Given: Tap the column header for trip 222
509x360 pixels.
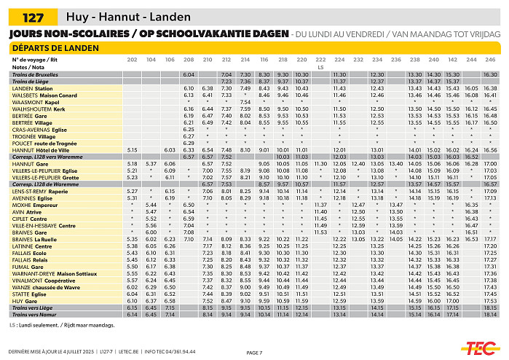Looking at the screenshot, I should coord(320,59).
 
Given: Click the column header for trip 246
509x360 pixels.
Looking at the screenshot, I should coord(489,59).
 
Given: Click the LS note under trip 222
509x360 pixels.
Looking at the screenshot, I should coord(320,67).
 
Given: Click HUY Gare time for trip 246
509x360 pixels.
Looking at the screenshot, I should coord(489,301).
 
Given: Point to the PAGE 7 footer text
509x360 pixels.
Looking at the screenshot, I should coord(254,353).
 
